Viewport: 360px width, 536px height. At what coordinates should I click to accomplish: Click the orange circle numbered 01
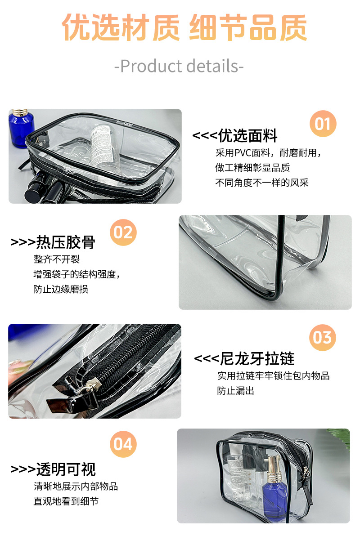click(323, 124)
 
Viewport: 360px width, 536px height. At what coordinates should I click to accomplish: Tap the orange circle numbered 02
click(123, 232)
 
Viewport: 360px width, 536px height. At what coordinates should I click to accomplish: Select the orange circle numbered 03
click(323, 338)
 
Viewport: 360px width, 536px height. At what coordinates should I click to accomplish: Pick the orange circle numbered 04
click(123, 444)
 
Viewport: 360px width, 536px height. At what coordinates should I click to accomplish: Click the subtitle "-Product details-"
click(179, 66)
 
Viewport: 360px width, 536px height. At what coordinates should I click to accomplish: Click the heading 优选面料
click(247, 135)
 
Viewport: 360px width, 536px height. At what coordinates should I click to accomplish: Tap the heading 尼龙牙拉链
click(257, 359)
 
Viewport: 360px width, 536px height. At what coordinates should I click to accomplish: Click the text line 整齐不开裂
click(57, 259)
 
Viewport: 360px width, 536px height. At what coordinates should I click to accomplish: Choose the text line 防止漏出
click(236, 391)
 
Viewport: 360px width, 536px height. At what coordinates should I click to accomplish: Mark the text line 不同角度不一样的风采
click(262, 183)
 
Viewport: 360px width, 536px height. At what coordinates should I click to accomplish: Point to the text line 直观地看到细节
click(66, 501)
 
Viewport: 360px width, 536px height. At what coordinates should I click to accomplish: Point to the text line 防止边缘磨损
click(61, 289)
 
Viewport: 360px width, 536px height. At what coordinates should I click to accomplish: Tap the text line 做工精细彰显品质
click(252, 168)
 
